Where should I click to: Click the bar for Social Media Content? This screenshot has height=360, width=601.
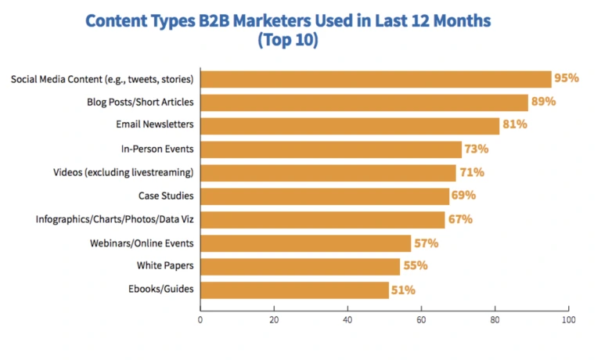click(376, 79)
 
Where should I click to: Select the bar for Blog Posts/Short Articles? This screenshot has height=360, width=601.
click(365, 103)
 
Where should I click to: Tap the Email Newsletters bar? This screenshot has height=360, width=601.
click(350, 126)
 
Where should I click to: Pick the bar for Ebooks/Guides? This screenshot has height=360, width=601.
click(294, 290)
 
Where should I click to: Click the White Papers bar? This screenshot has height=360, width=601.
click(300, 267)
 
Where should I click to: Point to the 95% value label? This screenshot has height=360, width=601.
click(567, 78)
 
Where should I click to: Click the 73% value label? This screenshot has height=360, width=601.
click(477, 149)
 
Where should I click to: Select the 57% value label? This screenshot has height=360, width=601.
click(426, 243)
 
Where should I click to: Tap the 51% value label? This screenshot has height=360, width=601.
click(403, 290)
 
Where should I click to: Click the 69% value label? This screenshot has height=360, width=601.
click(463, 196)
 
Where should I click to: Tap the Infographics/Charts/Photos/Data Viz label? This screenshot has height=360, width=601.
click(115, 219)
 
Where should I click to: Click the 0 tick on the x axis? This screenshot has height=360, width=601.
click(200, 320)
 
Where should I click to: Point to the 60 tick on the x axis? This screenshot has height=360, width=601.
click(421, 320)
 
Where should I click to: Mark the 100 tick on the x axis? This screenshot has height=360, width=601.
click(568, 320)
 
